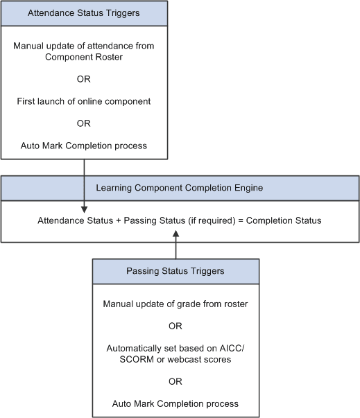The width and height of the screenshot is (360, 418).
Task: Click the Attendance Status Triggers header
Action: point(84,13)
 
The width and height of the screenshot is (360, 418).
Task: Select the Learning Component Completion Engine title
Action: point(180,188)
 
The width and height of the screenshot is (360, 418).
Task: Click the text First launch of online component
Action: point(84,101)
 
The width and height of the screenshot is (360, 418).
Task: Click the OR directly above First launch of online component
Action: point(84,78)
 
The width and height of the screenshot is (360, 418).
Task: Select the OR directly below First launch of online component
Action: point(84,123)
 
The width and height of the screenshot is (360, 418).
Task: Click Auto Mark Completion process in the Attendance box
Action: point(84,146)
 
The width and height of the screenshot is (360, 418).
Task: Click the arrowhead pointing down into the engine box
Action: point(84,207)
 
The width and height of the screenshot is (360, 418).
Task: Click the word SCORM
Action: point(128,358)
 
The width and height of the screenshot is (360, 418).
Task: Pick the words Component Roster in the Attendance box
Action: point(84,56)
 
